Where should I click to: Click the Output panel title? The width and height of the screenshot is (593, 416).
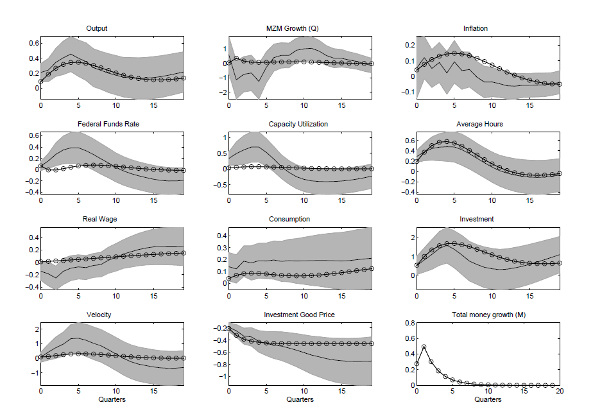pyautogui.click(x=96, y=28)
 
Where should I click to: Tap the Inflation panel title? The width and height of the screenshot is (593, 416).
pyautogui.click(x=476, y=28)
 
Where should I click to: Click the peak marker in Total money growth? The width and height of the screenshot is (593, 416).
pyautogui.click(x=424, y=347)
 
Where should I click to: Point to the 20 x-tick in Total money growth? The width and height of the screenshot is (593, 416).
pyautogui.click(x=560, y=391)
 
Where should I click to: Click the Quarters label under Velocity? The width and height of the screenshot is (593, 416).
pyautogui.click(x=112, y=399)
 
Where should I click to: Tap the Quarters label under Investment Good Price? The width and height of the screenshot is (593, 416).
pyautogui.click(x=300, y=399)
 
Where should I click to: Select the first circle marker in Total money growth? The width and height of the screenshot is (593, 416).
pyautogui.click(x=417, y=364)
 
